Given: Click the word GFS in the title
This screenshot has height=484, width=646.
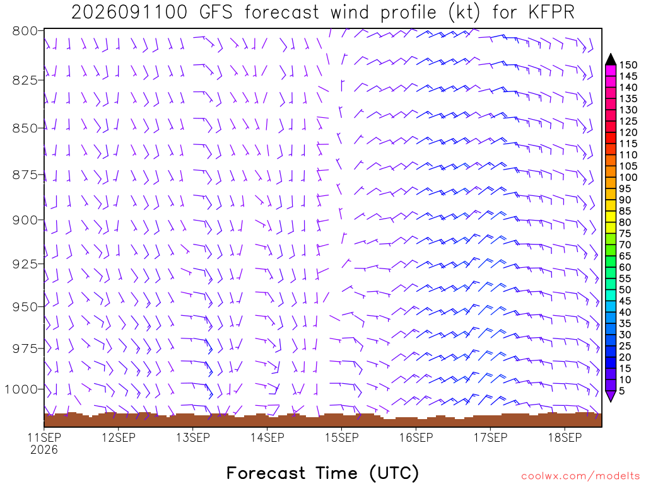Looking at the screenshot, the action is pyautogui.click(x=216, y=13).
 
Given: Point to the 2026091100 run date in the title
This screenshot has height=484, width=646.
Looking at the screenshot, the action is pyautogui.click(x=129, y=13).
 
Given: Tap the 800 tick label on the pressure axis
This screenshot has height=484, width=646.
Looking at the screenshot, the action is pyautogui.click(x=25, y=31).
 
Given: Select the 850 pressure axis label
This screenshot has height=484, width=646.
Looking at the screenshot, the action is pyautogui.click(x=25, y=128).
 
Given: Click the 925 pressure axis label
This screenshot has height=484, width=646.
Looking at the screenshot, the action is pyautogui.click(x=25, y=264).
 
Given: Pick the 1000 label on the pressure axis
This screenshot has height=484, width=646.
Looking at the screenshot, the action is pyautogui.click(x=21, y=389).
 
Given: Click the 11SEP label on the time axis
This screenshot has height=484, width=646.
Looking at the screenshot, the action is pyautogui.click(x=44, y=437).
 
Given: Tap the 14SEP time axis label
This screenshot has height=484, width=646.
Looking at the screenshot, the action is pyautogui.click(x=267, y=437).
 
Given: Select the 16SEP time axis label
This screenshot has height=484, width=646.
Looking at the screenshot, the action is pyautogui.click(x=416, y=437).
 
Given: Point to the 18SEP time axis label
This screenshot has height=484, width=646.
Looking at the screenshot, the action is pyautogui.click(x=565, y=437).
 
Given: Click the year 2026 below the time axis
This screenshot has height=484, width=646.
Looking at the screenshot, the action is pyautogui.click(x=44, y=449).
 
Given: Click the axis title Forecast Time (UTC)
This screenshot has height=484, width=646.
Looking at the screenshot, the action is pyautogui.click(x=322, y=473).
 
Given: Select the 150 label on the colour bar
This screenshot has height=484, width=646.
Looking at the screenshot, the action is pyautogui.click(x=628, y=65).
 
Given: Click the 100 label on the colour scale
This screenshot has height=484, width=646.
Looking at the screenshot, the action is pyautogui.click(x=628, y=177).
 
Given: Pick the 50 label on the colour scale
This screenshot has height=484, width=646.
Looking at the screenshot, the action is pyautogui.click(x=625, y=290).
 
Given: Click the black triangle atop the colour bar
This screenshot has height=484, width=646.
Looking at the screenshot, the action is pyautogui.click(x=611, y=60).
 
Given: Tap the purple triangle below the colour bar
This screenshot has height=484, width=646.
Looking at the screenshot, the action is pyautogui.click(x=611, y=396).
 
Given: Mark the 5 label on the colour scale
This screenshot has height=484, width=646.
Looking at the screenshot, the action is pyautogui.click(x=622, y=391).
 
